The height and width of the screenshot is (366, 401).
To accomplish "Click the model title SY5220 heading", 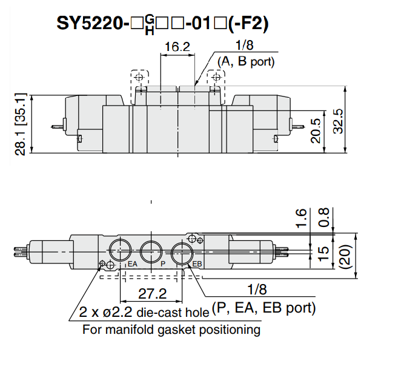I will [163, 22].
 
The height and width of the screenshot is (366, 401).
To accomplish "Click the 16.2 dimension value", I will [177, 46].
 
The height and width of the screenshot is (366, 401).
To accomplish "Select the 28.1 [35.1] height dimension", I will [21, 124].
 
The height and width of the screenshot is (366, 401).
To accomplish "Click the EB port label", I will [197, 264].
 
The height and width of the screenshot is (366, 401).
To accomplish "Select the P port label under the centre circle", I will [163, 264].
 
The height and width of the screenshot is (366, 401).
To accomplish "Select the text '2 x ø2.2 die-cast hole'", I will [144, 313].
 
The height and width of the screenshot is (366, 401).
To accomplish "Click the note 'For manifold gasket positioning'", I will [171, 330].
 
